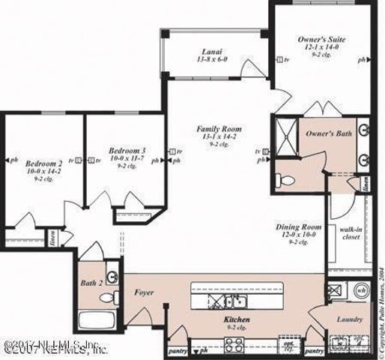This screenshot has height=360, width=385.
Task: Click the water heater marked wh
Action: pyautogui.click(x=360, y=289)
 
